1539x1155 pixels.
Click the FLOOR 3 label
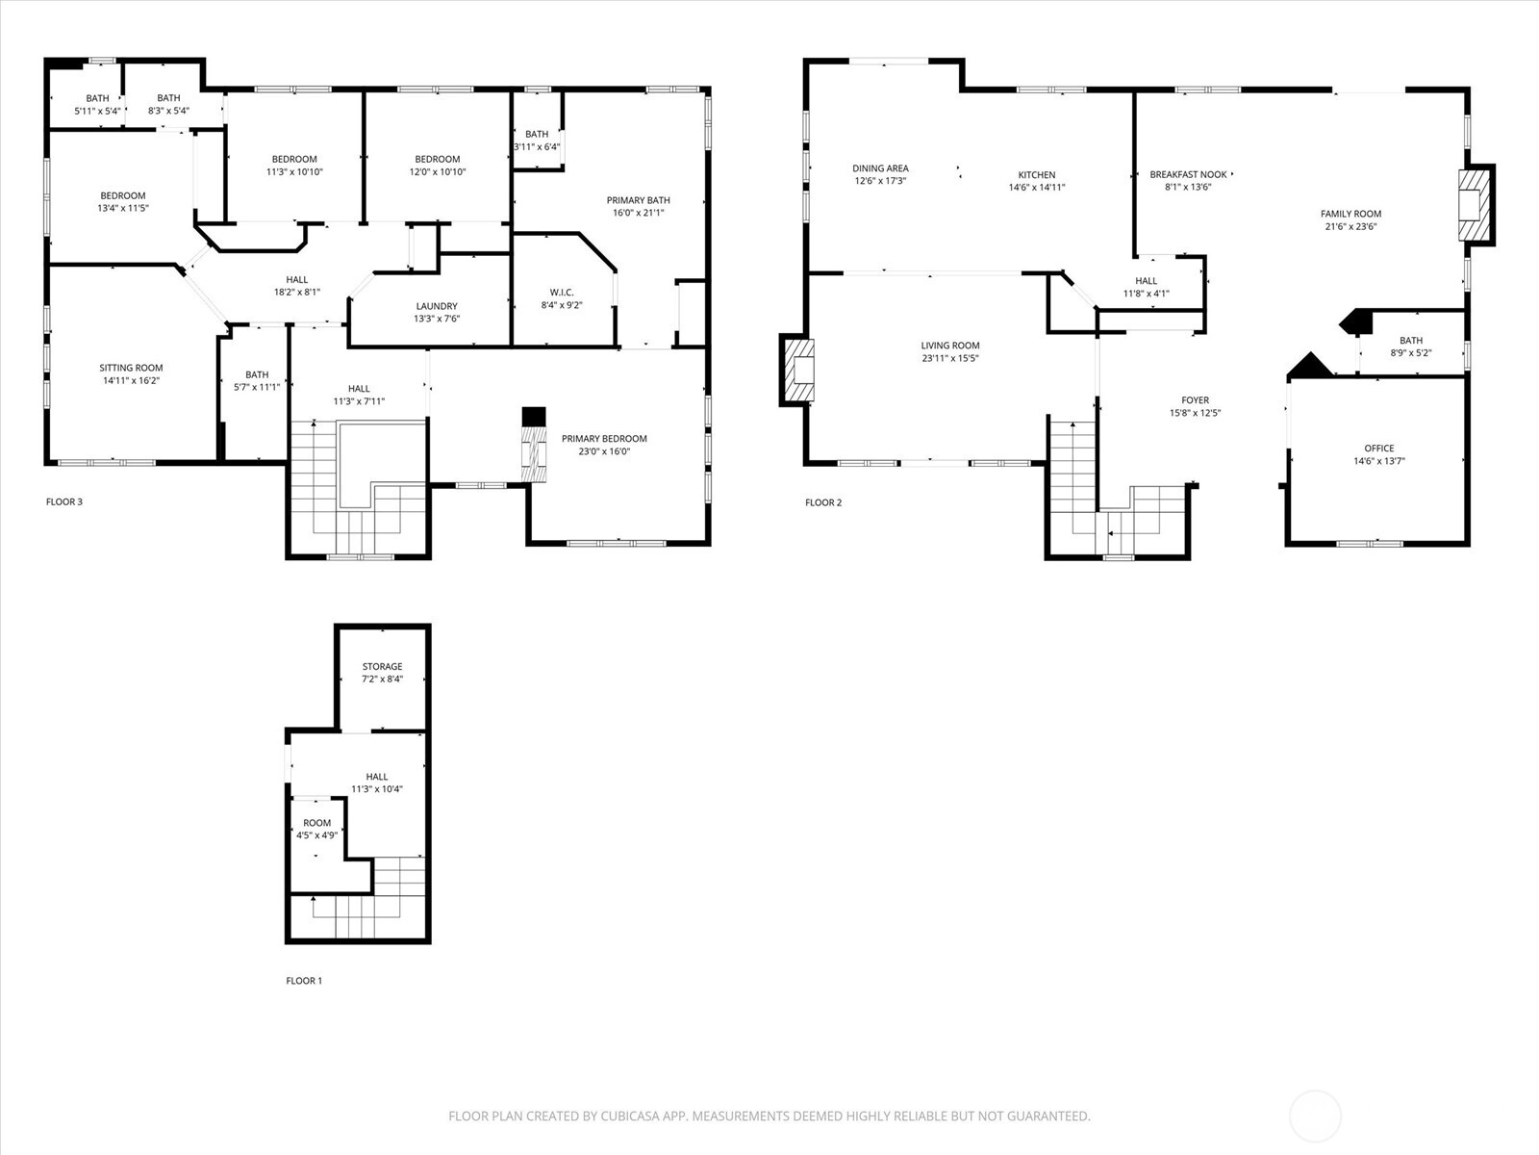coord(64,501)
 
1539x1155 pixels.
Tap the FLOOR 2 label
coord(823,502)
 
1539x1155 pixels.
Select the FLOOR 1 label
coord(304,981)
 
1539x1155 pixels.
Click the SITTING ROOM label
coord(131,368)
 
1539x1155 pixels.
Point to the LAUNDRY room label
coord(437,306)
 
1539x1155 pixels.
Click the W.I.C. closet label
coord(562,293)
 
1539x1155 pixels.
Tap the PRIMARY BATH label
coord(638,200)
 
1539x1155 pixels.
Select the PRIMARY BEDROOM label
coord(604,438)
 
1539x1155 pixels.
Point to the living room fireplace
coord(797,371)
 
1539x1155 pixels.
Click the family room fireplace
coord(1476,205)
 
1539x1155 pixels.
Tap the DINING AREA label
coord(881,168)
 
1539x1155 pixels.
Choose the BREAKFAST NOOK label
coord(1189,174)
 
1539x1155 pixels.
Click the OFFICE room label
coord(1379,449)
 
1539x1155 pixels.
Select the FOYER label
coord(1196,400)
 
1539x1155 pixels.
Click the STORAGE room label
coord(382,666)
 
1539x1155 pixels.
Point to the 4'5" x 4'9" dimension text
coord(316,835)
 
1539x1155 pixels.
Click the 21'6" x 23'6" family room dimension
coord(1351,226)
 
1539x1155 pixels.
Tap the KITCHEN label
coord(1037,174)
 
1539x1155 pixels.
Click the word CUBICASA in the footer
coord(630,1116)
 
